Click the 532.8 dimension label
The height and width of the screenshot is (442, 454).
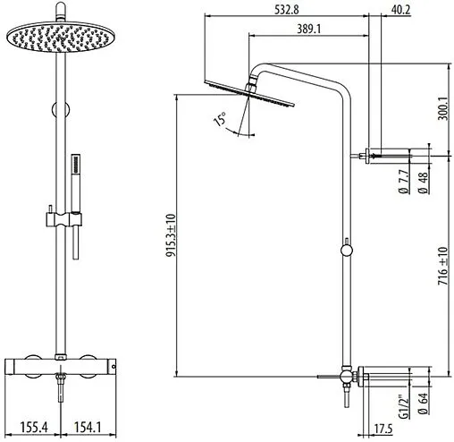[x=286, y=10]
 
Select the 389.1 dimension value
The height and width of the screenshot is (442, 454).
[x=309, y=29]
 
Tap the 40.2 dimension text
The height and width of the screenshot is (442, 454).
[x=400, y=10]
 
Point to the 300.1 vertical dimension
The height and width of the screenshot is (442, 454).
[x=442, y=108]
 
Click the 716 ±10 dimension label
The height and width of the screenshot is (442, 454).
[x=442, y=266]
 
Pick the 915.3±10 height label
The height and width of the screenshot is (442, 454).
[x=171, y=235]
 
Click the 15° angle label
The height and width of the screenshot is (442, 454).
[x=220, y=119]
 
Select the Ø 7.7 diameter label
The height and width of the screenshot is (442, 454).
[x=403, y=182]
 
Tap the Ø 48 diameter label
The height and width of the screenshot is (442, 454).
[x=423, y=183]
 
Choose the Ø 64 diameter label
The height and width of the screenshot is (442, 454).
[x=423, y=404]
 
